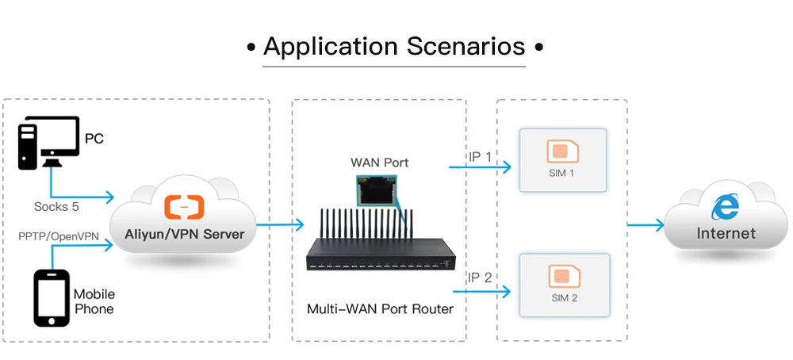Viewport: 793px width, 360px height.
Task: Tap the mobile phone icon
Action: pos(52,297)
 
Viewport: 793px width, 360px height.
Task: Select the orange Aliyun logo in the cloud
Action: pos(184,207)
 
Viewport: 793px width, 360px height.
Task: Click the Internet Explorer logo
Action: pos(725,207)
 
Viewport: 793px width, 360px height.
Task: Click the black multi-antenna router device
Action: pos(380,254)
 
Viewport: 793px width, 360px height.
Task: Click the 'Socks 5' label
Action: pos(56,206)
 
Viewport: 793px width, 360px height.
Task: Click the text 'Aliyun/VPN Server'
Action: pos(184,233)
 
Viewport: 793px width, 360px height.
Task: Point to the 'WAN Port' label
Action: pos(380,163)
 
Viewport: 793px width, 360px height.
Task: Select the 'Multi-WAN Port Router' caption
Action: pos(380,309)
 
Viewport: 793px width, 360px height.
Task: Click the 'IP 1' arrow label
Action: pos(479,157)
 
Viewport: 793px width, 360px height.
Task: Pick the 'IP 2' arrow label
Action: pos(479,278)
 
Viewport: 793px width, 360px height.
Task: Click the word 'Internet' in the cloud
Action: pos(726,233)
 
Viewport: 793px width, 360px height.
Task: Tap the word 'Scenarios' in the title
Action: pos(466,46)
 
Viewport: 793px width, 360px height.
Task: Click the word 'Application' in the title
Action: pos(331,46)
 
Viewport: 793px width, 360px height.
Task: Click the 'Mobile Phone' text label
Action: pos(94,301)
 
